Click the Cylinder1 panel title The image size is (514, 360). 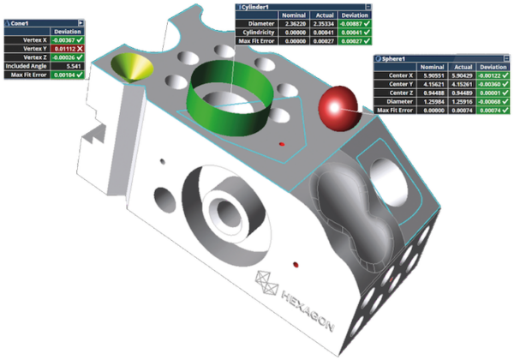click(x=257, y=5)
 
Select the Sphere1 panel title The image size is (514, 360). click(x=395, y=59)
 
